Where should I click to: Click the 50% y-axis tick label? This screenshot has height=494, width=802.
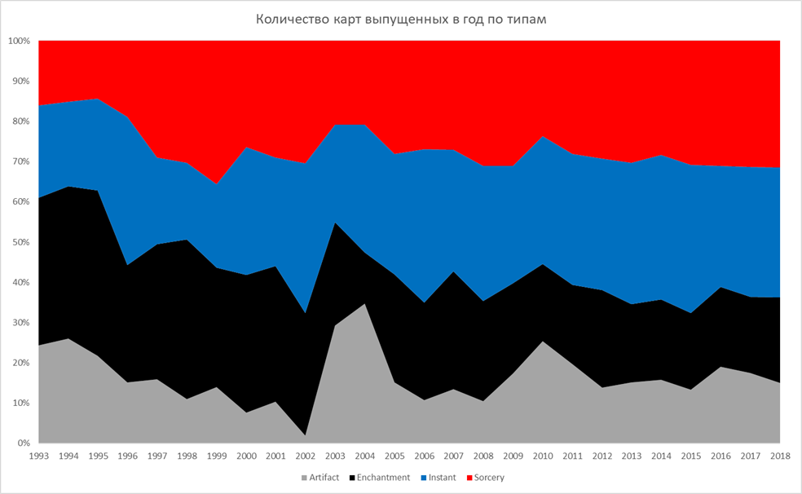[x=20, y=242]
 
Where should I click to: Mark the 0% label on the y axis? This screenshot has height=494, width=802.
[x=22, y=443]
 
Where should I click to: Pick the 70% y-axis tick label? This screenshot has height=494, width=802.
[x=20, y=161]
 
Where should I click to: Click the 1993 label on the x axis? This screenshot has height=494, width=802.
[x=39, y=457]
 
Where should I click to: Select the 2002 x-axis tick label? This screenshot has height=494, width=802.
[x=306, y=457]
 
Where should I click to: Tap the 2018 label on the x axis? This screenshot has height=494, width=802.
[x=780, y=457]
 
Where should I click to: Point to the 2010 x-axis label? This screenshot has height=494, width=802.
[x=543, y=457]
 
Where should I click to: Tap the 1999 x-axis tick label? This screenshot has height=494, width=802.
[x=217, y=457]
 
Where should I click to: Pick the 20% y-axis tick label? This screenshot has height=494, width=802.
[x=20, y=363]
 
